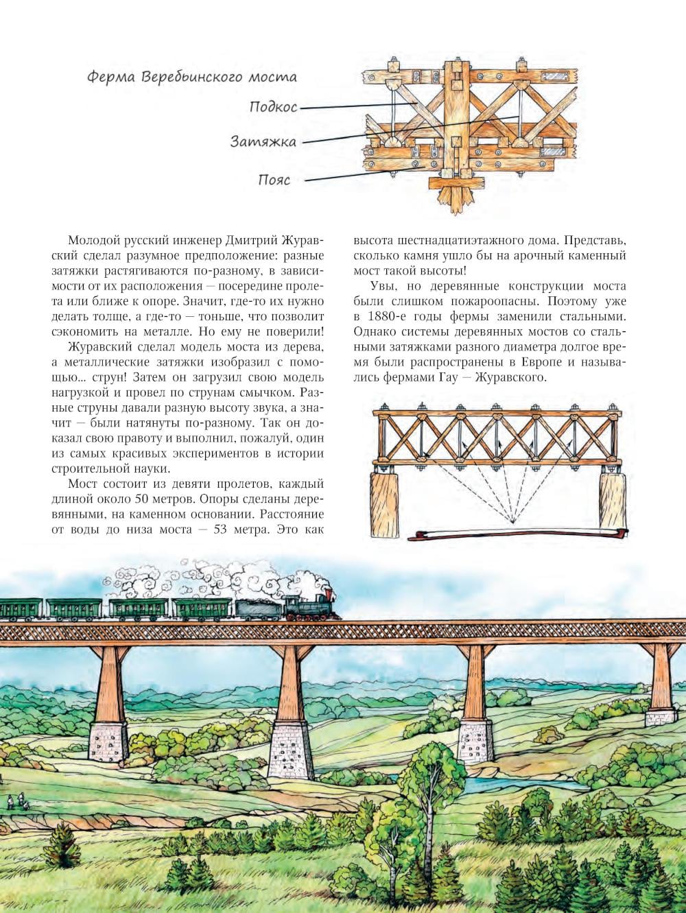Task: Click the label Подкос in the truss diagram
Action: click(274, 107)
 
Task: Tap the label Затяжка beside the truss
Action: click(263, 143)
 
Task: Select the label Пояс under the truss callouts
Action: click(274, 180)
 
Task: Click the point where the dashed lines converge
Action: click(511, 523)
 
